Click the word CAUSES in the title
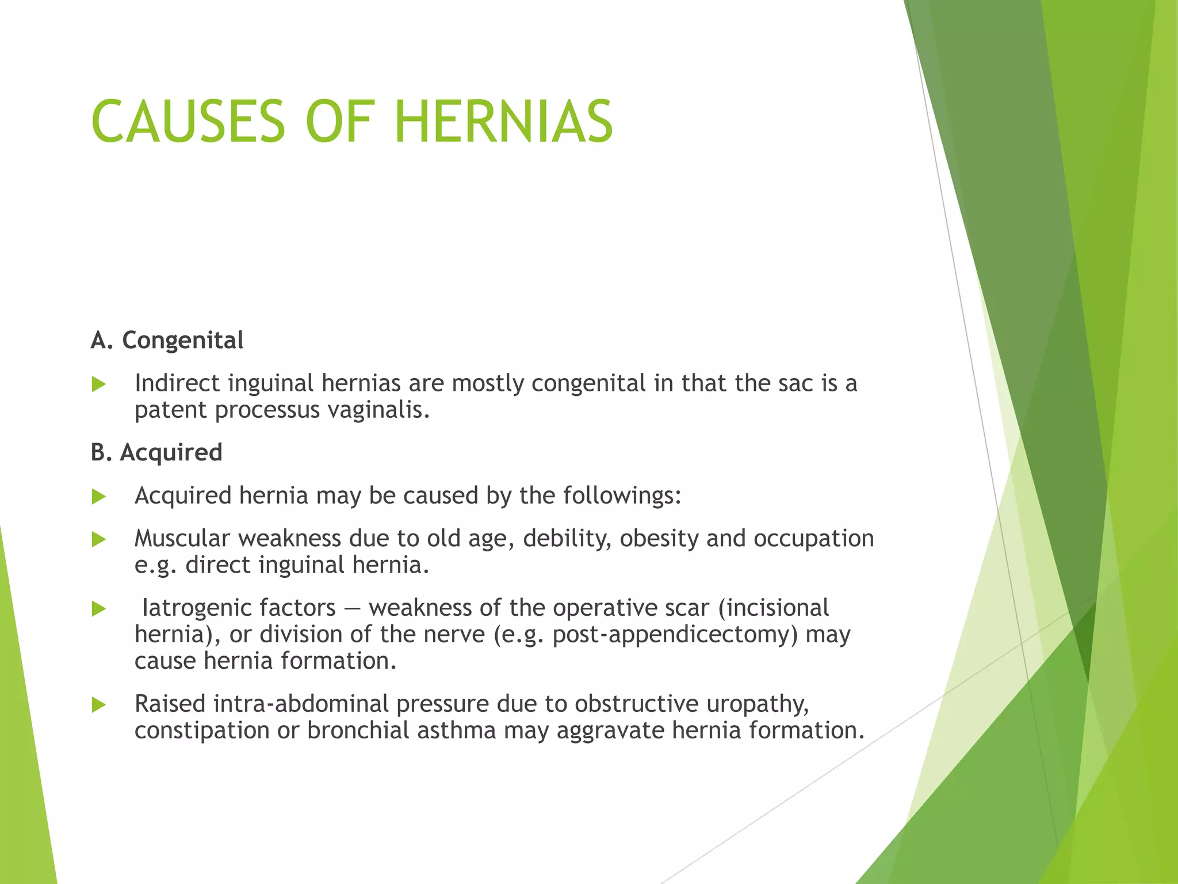pos(188,122)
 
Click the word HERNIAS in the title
pos(504,122)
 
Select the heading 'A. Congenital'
pos(167,340)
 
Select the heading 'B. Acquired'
pos(156,452)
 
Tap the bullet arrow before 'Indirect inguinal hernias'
pos(99,384)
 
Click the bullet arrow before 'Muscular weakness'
pos(99,540)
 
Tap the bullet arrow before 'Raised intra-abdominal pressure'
pos(99,705)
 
